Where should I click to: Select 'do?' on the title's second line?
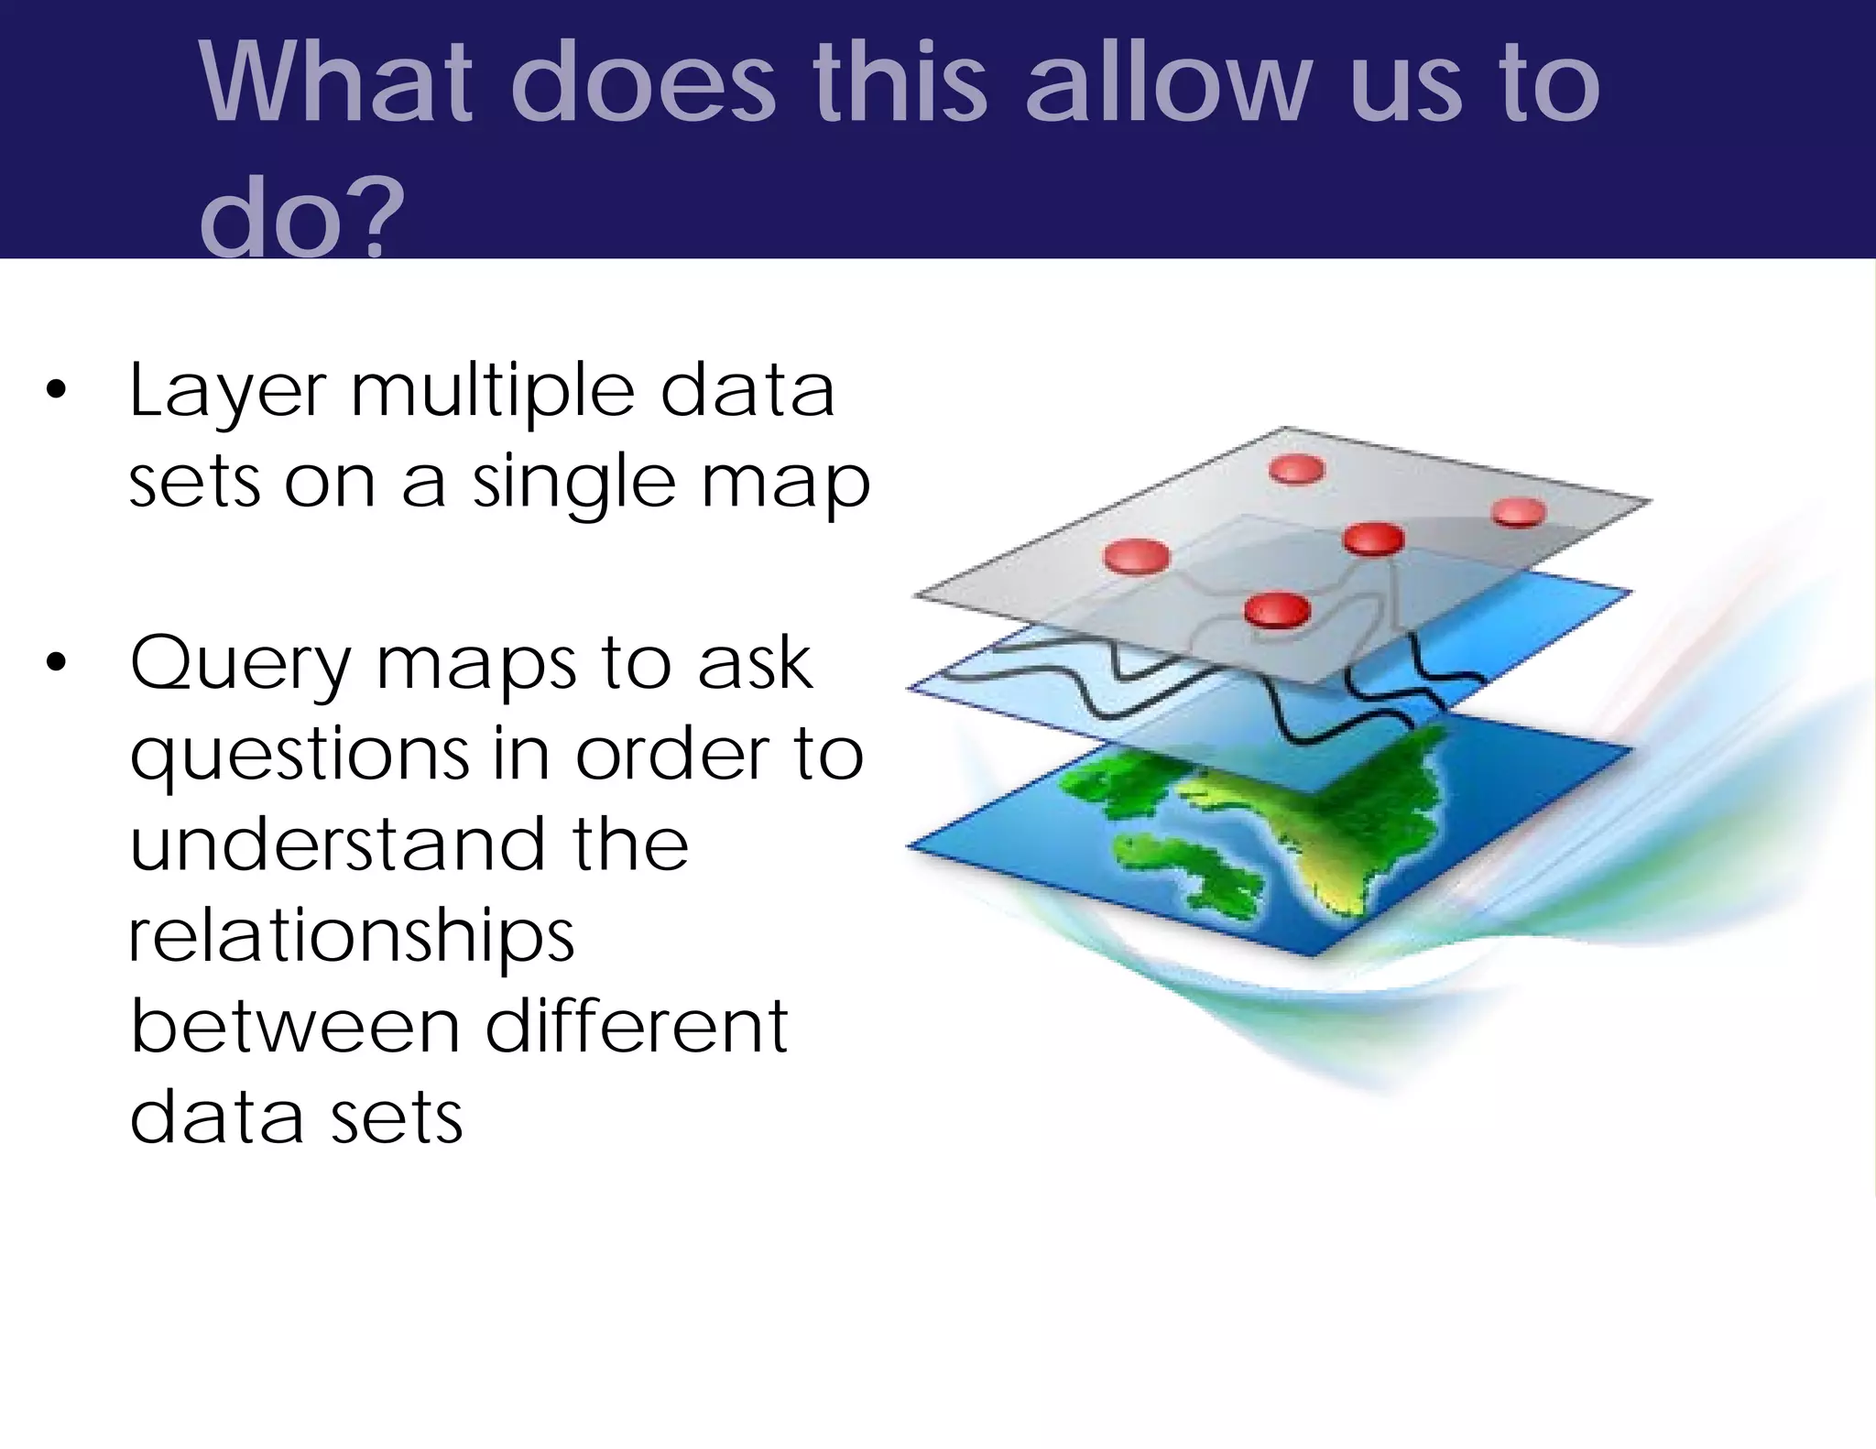[301, 220]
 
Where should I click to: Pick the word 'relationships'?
[352, 938]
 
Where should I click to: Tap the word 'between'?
[295, 1027]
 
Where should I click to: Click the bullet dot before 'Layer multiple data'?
[56, 391]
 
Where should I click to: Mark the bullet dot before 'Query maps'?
[56, 663]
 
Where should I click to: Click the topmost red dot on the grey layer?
[1297, 469]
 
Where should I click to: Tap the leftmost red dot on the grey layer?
[1137, 556]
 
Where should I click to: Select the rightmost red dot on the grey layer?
[1519, 511]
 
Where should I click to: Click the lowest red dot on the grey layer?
[1277, 608]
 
